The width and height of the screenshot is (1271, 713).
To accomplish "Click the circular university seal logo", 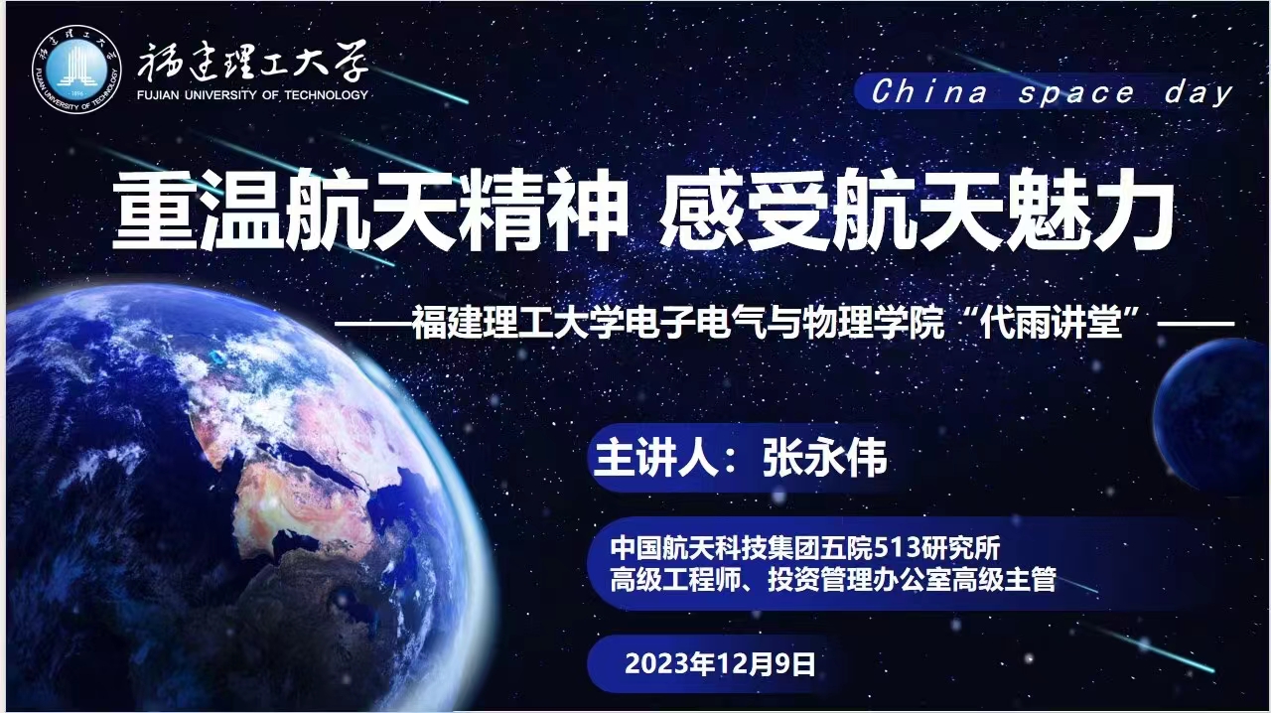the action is (x=76, y=70).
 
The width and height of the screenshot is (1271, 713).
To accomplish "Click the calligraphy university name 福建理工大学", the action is (x=252, y=62).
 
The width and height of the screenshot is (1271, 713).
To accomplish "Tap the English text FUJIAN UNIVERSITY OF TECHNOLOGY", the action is (x=253, y=94).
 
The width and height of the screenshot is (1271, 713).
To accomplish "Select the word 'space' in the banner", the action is (x=1075, y=93).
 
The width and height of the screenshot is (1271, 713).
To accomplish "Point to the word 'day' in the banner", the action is (x=1199, y=93).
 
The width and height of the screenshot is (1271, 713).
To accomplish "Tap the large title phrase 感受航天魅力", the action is (x=917, y=211).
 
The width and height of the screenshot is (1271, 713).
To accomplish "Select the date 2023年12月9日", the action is (x=720, y=663).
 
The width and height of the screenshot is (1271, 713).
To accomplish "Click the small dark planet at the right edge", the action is (x=1211, y=417).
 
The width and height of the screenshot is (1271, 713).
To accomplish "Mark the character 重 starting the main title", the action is (x=154, y=211).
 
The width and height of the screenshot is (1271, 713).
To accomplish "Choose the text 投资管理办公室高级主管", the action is (x=912, y=580).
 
